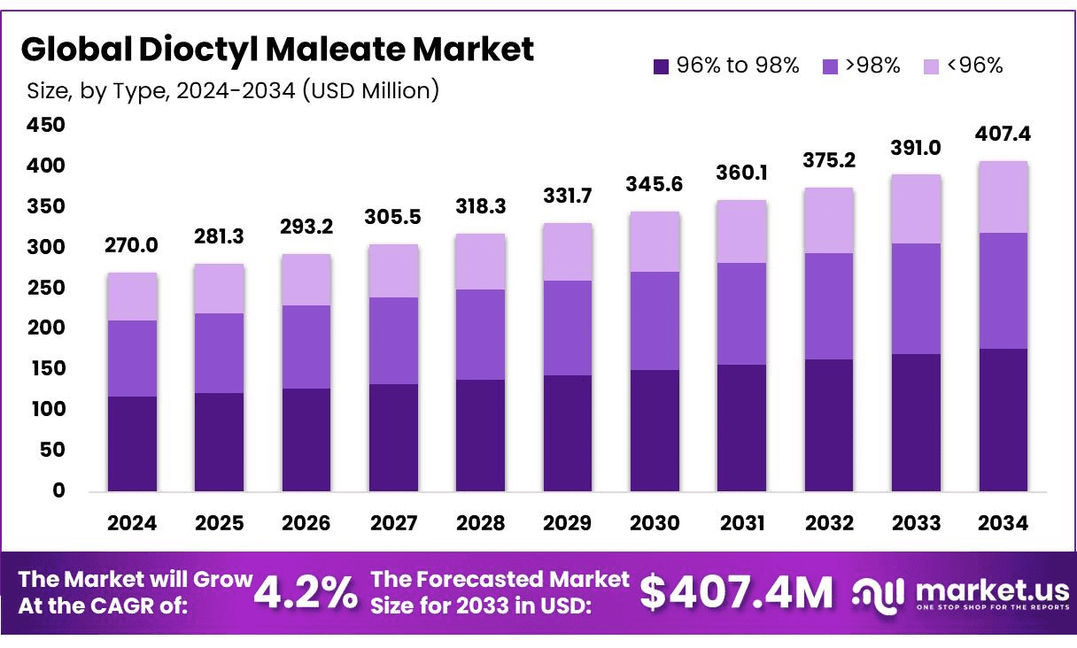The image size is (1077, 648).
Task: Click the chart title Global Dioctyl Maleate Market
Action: pyautogui.click(x=277, y=50)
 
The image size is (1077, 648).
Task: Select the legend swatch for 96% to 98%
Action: pyautogui.click(x=661, y=66)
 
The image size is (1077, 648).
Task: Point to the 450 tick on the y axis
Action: pyautogui.click(x=47, y=126)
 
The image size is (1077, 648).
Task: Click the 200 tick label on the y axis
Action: pyautogui.click(x=47, y=328)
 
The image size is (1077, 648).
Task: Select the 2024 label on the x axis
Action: pyautogui.click(x=132, y=523)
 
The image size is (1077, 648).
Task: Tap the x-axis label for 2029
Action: pyautogui.click(x=568, y=523)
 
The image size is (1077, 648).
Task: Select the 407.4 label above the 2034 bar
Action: pyautogui.click(x=1003, y=135)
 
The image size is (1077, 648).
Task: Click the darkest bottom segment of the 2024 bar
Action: pyautogui.click(x=132, y=443)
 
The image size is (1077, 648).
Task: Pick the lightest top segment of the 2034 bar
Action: pyautogui.click(x=1003, y=197)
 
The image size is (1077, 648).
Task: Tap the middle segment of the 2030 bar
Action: pyautogui.click(x=655, y=320)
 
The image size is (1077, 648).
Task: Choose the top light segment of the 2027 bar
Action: pyautogui.click(x=393, y=270)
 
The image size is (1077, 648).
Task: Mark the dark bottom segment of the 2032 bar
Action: pyautogui.click(x=829, y=425)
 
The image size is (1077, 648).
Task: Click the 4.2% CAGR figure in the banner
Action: pyautogui.click(x=306, y=593)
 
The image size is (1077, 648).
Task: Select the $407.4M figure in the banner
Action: pyautogui.click(x=736, y=593)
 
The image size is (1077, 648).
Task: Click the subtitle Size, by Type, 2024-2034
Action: pyautogui.click(x=233, y=90)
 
